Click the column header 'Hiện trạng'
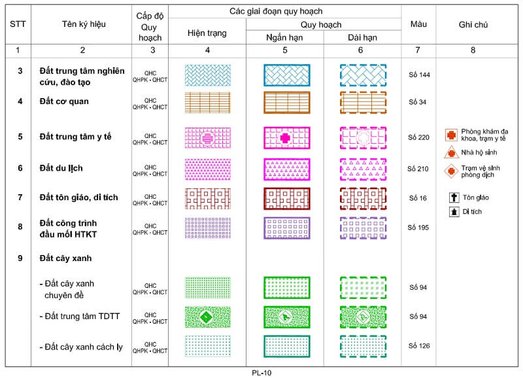(x=207, y=33)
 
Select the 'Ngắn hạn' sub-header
(x=284, y=37)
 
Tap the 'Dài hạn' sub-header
(x=363, y=37)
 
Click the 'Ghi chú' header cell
(x=473, y=25)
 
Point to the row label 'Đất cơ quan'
(x=63, y=101)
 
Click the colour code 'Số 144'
(x=418, y=75)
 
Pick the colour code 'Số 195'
(x=418, y=227)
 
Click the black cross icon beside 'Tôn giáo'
(x=452, y=197)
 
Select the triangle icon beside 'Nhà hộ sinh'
(x=450, y=152)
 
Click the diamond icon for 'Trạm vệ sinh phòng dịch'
(x=450, y=171)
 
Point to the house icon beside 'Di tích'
(x=452, y=211)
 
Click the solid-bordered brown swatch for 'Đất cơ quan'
(x=286, y=103)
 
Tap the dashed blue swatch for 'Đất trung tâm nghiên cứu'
(x=363, y=76)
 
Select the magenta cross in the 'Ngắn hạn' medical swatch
(x=284, y=138)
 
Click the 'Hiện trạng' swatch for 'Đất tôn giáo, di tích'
(x=207, y=198)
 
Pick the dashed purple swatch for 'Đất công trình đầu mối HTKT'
(x=363, y=228)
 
